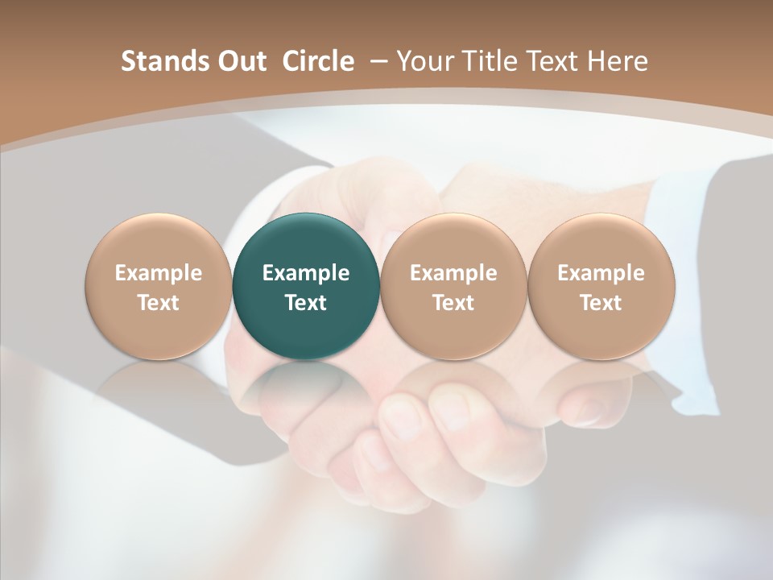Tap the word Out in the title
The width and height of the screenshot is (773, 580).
tap(241, 61)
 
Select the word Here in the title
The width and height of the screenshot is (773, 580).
tap(620, 61)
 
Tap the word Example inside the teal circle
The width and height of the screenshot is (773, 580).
tap(306, 274)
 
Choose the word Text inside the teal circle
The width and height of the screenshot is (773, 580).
tap(306, 303)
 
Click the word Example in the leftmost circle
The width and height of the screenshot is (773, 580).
tap(159, 274)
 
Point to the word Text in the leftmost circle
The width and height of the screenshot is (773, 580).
tap(159, 303)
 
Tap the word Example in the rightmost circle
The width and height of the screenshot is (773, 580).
tap(601, 274)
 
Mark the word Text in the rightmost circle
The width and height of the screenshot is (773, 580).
tap(601, 303)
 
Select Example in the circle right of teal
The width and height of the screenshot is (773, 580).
tap(453, 274)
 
